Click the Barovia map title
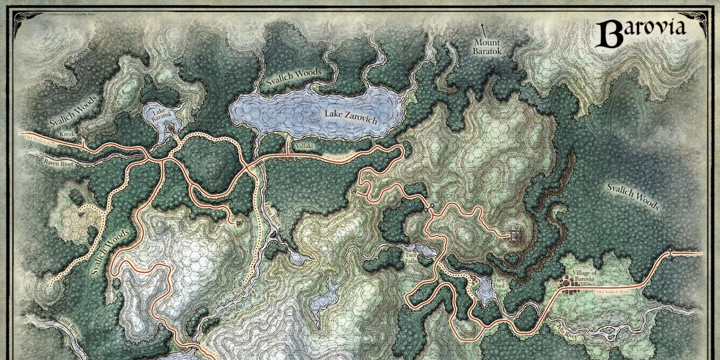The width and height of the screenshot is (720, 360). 643,32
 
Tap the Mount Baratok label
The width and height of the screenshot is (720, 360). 487,47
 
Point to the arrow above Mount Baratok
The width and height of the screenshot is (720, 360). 484,30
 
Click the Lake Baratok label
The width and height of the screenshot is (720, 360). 159,115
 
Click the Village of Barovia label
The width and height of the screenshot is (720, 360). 584,275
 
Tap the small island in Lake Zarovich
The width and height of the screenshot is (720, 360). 306,112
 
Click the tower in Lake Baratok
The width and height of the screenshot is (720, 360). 170,127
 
